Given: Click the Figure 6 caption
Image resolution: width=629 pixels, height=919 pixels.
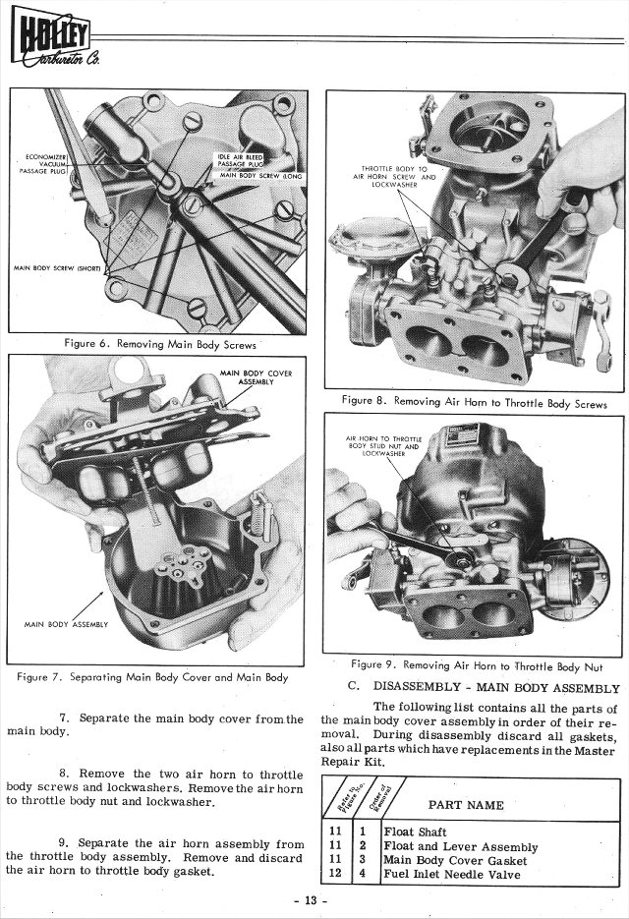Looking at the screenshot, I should pyautogui.click(x=159, y=344).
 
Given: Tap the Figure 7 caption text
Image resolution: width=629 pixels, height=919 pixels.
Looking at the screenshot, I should pyautogui.click(x=152, y=677).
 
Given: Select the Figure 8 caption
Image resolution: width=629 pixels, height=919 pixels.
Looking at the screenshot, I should pyautogui.click(x=474, y=402).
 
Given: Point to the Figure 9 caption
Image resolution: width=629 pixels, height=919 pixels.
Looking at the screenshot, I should pyautogui.click(x=479, y=664).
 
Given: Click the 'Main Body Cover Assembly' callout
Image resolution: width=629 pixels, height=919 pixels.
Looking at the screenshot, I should pyautogui.click(x=255, y=377).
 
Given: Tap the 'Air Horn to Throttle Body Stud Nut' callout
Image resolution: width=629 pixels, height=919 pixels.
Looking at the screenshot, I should pyautogui.click(x=384, y=445).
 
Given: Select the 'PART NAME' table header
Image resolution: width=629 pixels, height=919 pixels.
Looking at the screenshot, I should pyautogui.click(x=466, y=805).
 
